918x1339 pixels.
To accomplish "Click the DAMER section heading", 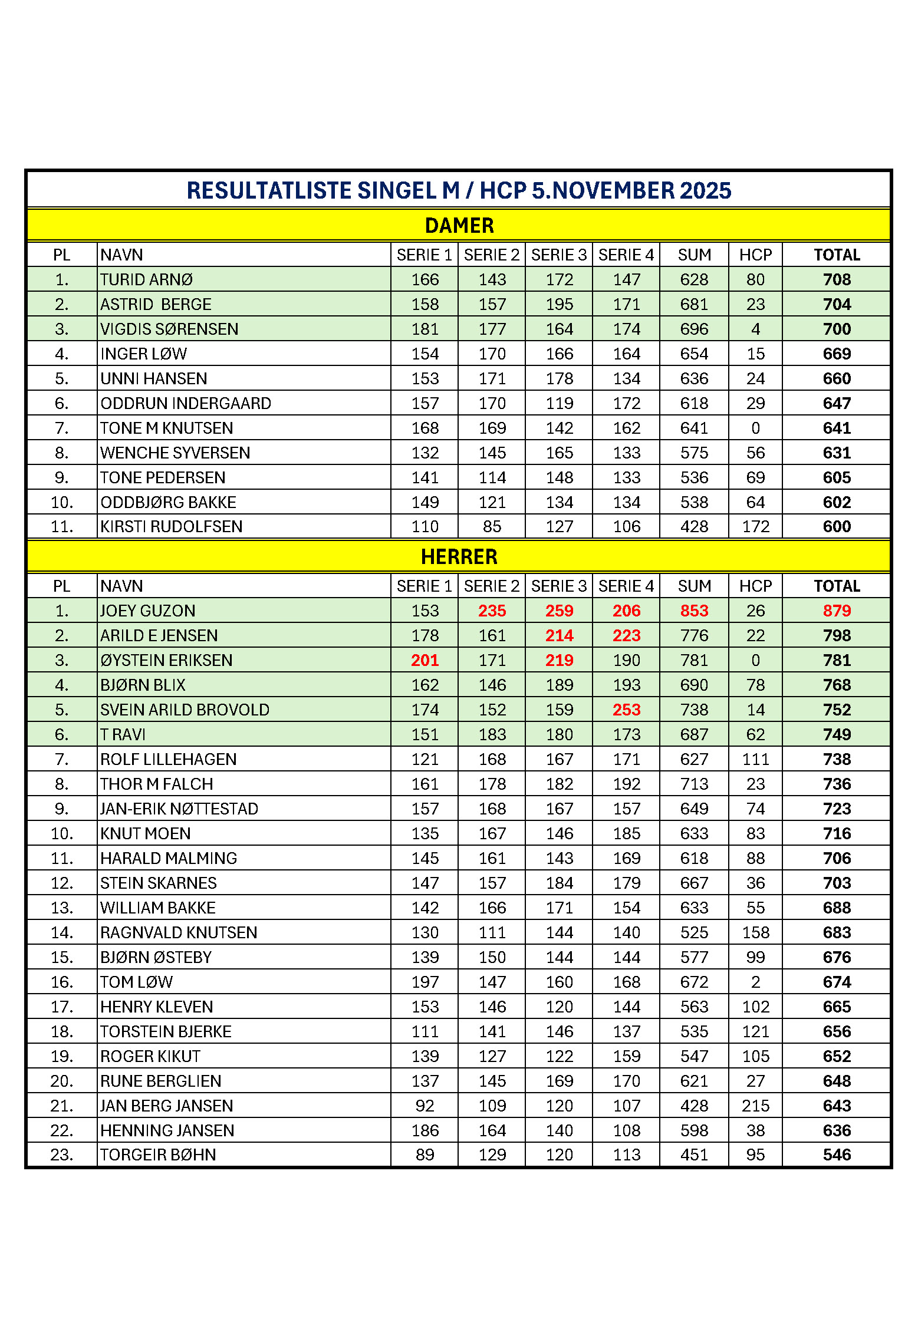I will click(459, 226).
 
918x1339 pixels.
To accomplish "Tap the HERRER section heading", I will click(459, 557).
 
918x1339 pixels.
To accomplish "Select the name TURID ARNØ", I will click(146, 280).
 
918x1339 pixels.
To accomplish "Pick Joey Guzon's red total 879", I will click(836, 611).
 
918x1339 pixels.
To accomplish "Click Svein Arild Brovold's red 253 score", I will click(626, 710).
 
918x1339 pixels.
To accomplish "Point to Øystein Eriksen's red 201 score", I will click(425, 661).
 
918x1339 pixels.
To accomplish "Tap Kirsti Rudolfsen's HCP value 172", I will click(755, 527).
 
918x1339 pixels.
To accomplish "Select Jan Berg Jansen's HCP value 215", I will click(755, 1106).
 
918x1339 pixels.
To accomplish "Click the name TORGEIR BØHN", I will click(158, 1155).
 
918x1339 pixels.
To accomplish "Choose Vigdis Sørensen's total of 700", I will click(836, 329).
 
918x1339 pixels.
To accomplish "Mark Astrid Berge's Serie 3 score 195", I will click(559, 305).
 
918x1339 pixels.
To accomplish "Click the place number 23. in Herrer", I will click(62, 1155).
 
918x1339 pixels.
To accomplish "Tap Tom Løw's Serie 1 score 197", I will click(425, 982).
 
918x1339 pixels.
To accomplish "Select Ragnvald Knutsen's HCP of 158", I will click(755, 933).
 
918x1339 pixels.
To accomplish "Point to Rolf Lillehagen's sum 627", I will click(694, 760).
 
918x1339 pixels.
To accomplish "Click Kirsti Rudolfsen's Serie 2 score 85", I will click(492, 527).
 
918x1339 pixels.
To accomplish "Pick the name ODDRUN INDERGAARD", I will click(186, 404).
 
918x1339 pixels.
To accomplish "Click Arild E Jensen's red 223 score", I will click(626, 636).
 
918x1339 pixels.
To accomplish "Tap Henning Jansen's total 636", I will click(836, 1131).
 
